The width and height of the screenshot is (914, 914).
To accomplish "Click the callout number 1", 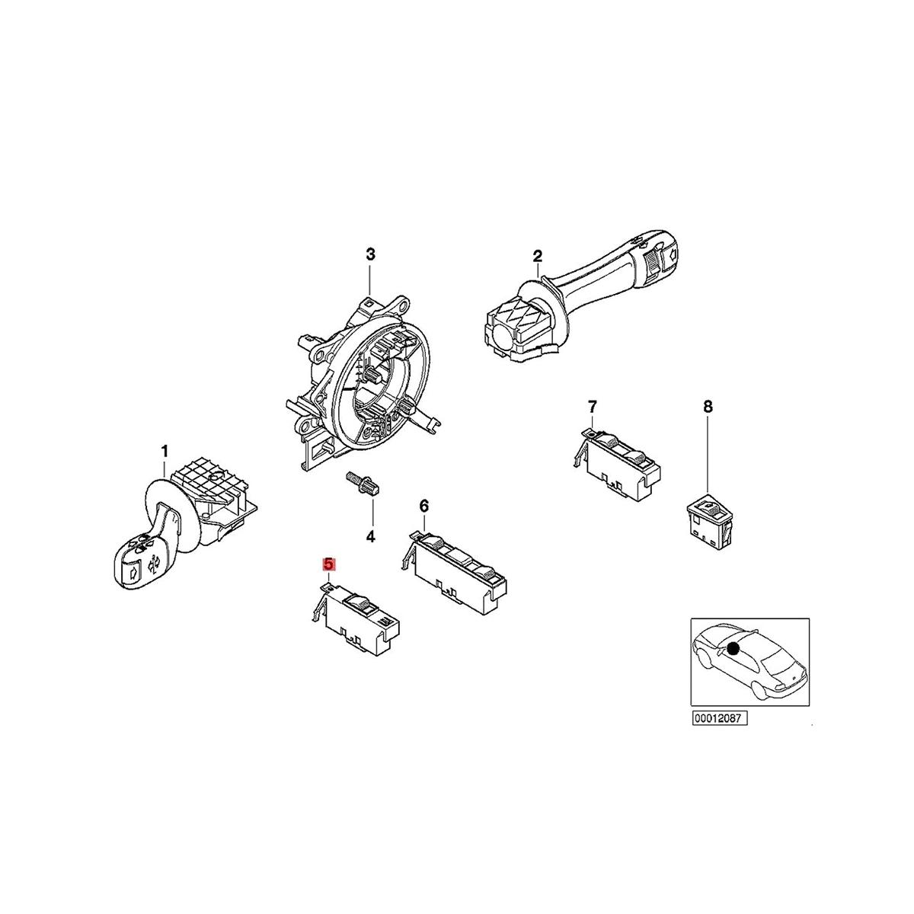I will pos(164,453).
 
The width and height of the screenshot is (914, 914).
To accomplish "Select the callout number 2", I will pos(537,254).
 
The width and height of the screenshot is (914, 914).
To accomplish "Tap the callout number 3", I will pos(370,254).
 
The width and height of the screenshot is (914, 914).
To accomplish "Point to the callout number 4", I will pos(371,537).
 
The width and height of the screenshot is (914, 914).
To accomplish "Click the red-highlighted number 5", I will pos(328,564).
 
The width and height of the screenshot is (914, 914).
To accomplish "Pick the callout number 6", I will pos(424,506).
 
